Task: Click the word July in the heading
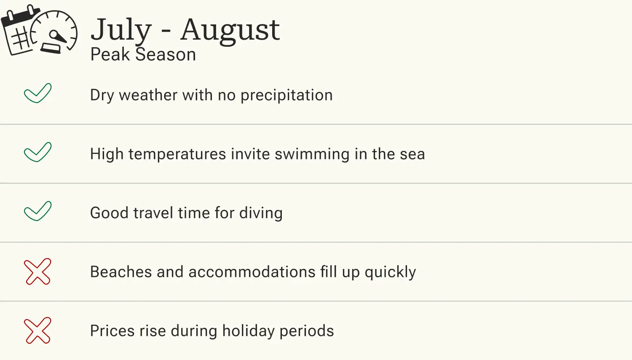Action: click(x=121, y=30)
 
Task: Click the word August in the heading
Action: click(x=230, y=30)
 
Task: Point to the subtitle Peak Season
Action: click(x=143, y=55)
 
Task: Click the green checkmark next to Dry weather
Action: click(x=37, y=93)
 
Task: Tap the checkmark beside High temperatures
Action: click(x=37, y=152)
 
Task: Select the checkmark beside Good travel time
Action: click(x=37, y=211)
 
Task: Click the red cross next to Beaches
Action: click(x=37, y=271)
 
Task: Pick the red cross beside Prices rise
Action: click(x=37, y=330)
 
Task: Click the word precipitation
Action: click(x=287, y=96)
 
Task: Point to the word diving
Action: click(x=261, y=213)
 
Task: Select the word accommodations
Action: click(x=252, y=272)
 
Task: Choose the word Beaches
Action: click(x=121, y=272)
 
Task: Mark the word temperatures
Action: click(x=177, y=155)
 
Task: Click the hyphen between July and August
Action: click(x=166, y=32)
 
